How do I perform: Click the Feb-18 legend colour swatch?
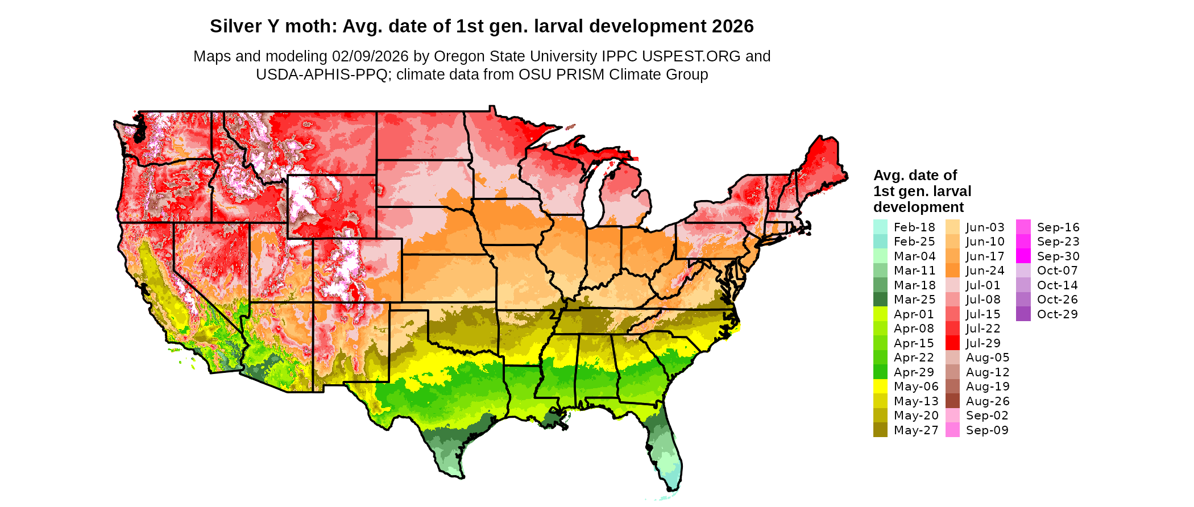[x=880, y=227]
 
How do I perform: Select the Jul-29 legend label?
[x=983, y=343]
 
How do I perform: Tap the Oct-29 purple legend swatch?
[x=1023, y=314]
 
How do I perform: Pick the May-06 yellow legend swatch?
[x=880, y=387]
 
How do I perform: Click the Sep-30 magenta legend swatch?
[x=1023, y=256]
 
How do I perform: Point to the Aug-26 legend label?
[x=988, y=401]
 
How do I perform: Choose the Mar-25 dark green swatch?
[x=880, y=300]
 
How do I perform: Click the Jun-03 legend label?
[x=985, y=227]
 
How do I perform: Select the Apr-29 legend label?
[x=914, y=372]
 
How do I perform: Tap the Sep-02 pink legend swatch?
[x=952, y=415]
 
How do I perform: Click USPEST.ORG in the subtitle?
[x=691, y=56]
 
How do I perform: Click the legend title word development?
[x=918, y=207]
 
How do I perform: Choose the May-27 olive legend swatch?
[x=880, y=430]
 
